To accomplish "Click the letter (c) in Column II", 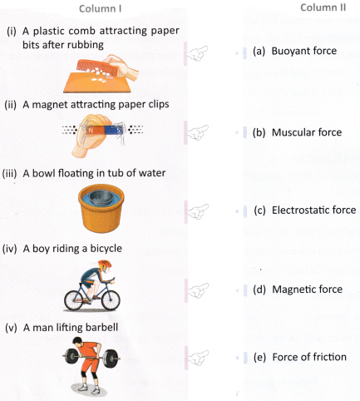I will pos(260,210).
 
